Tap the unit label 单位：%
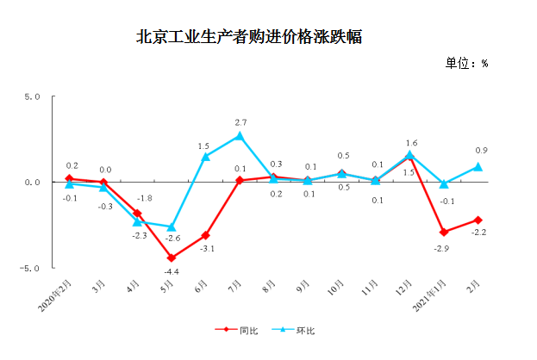click(x=466, y=64)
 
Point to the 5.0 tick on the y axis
click(x=33, y=96)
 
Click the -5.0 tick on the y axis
click(x=31, y=268)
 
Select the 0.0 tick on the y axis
click(x=33, y=183)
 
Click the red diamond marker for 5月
click(x=172, y=258)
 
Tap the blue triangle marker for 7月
click(x=240, y=135)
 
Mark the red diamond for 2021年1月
click(x=444, y=232)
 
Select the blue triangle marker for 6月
click(x=205, y=157)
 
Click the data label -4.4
click(x=172, y=272)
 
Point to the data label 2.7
click(x=240, y=122)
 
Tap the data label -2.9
click(x=444, y=247)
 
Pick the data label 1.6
click(x=411, y=143)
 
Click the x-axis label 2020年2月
click(x=58, y=296)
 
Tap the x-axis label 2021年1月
click(x=431, y=296)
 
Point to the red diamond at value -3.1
click(x=205, y=235)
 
